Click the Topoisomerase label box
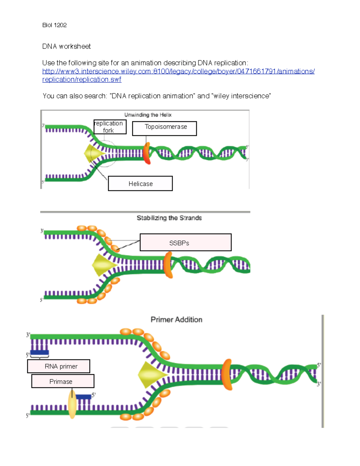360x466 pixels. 164,128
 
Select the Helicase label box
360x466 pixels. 140,183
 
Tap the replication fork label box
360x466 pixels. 110,127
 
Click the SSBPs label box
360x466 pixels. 185,242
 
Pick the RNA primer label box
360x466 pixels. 58,366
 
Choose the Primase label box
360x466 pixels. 63,381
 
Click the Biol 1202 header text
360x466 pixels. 54,25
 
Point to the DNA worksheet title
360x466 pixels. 66,46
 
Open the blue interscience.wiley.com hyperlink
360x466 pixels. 178,71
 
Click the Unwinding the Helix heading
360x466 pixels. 148,115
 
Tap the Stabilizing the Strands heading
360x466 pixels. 169,218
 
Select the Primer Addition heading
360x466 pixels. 176,320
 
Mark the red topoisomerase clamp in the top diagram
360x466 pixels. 147,153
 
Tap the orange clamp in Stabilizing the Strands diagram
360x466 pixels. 168,265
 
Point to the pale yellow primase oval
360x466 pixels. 72,404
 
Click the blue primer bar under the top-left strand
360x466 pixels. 40,353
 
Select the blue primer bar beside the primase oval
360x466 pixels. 83,397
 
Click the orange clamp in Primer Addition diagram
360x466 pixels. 227,374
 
